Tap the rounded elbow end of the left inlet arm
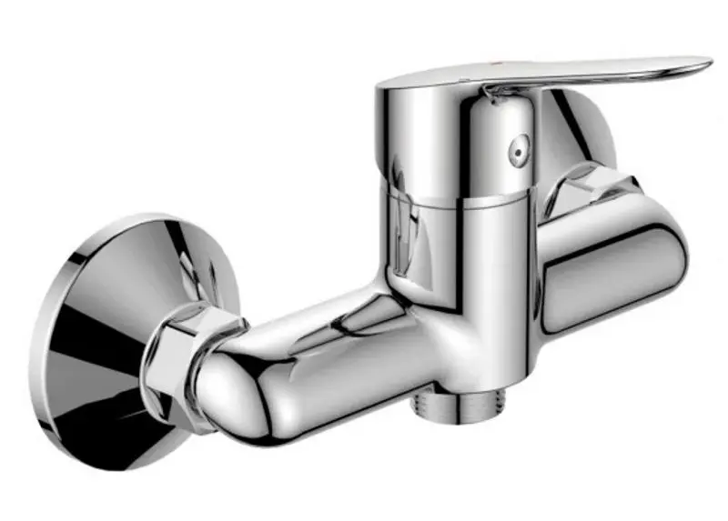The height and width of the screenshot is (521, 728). point(227,386)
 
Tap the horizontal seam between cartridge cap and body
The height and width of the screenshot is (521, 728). point(455,195)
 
